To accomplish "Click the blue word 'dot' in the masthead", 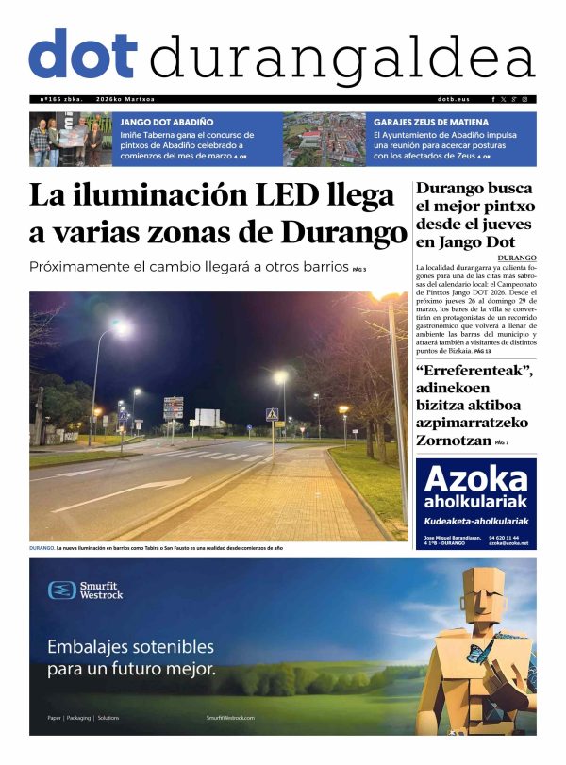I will pyautogui.click(x=83, y=55).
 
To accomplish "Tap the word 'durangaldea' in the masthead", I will pyautogui.click(x=341, y=58).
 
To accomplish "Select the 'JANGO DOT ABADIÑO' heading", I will pyautogui.click(x=166, y=122).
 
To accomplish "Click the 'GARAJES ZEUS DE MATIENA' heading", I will pyautogui.click(x=431, y=122).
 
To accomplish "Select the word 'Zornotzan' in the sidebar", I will pyautogui.click(x=454, y=440).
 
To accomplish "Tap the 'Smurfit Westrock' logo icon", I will pyautogui.click(x=62, y=590).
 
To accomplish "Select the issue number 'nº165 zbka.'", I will pyautogui.click(x=61, y=99).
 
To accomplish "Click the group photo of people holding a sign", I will pyautogui.click(x=68, y=139).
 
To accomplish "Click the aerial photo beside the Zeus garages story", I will pyautogui.click(x=324, y=139).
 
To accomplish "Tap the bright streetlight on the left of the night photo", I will pyautogui.click(x=121, y=328).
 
